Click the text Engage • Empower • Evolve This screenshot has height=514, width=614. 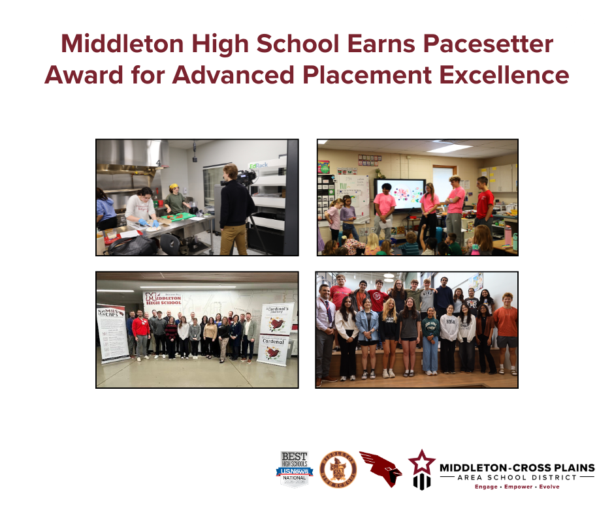tap(517, 487)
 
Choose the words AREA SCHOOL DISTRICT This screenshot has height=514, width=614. tap(517, 477)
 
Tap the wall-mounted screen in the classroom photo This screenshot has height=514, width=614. tap(406, 194)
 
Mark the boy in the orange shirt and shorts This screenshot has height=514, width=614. tap(506, 329)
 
